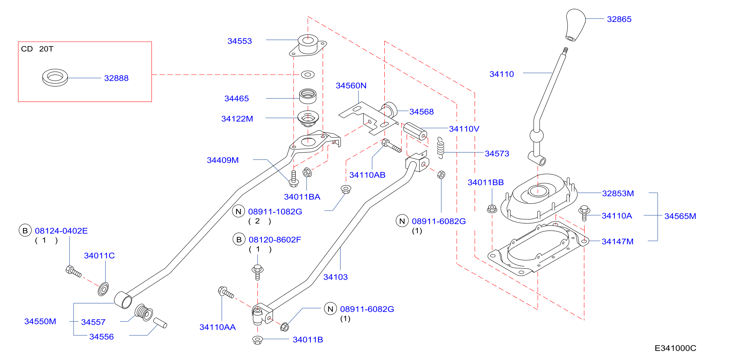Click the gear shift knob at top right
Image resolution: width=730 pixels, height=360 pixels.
[x=575, y=25]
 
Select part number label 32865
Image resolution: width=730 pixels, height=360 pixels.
[x=619, y=19]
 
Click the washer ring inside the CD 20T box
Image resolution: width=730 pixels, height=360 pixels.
[x=55, y=77]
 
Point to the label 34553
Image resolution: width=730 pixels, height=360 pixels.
[x=240, y=41]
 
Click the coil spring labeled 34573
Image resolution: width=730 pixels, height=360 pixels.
[x=440, y=148]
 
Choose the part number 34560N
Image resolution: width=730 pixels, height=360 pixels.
[x=351, y=86]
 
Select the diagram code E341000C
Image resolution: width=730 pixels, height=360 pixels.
[x=675, y=348]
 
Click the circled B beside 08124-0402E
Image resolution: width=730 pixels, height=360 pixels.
[x=25, y=230]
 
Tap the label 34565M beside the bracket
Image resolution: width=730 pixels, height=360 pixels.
[x=680, y=216]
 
